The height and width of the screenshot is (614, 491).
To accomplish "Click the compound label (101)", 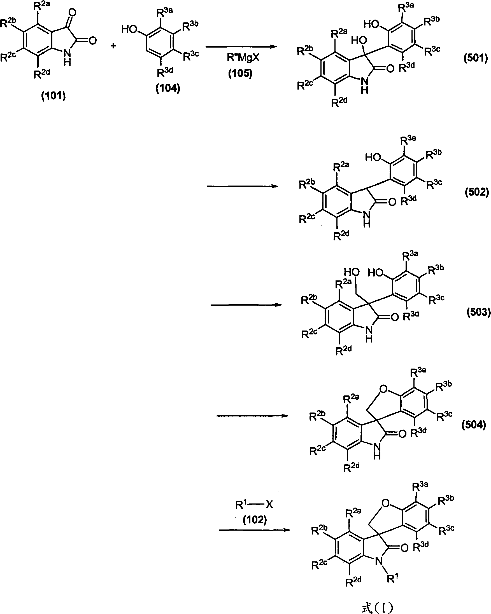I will (x=53, y=96).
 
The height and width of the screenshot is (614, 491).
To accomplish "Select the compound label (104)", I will (x=167, y=88).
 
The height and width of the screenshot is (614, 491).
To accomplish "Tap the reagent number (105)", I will (x=240, y=74).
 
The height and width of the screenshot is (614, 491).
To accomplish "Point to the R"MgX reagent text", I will (x=243, y=58).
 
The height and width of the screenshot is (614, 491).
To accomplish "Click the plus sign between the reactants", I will (x=113, y=46).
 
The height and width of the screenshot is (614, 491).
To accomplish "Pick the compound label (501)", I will (x=475, y=58).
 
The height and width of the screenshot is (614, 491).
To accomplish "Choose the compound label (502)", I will (x=476, y=192).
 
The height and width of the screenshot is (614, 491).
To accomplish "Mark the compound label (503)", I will (x=478, y=312).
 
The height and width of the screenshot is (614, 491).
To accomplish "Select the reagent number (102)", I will (x=255, y=520).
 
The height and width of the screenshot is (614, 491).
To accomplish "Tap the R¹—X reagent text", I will (x=254, y=505).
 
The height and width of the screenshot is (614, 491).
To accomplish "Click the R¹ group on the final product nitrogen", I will (x=392, y=578).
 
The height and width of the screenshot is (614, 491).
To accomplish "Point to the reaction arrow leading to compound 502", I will (x=242, y=186).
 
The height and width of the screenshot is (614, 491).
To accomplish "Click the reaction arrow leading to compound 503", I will (x=246, y=305).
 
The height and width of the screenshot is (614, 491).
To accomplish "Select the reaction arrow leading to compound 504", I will (x=252, y=416).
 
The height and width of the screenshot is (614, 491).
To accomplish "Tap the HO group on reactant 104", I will (x=129, y=29).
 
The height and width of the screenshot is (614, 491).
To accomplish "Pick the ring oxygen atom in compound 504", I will (x=383, y=389).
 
